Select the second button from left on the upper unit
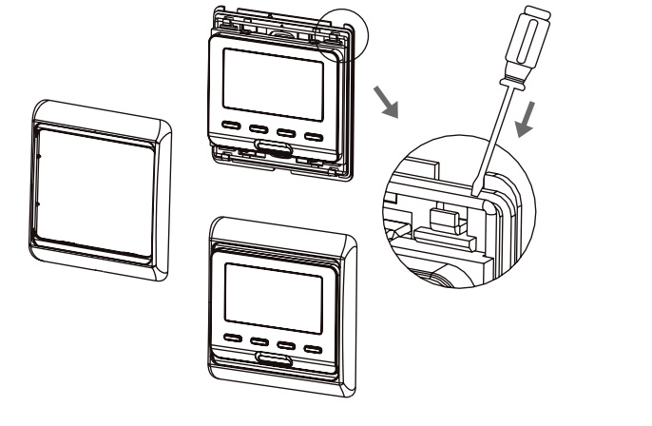tap(259, 126)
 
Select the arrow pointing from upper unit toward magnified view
tap(386, 98)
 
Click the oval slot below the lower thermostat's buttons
tap(272, 359)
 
